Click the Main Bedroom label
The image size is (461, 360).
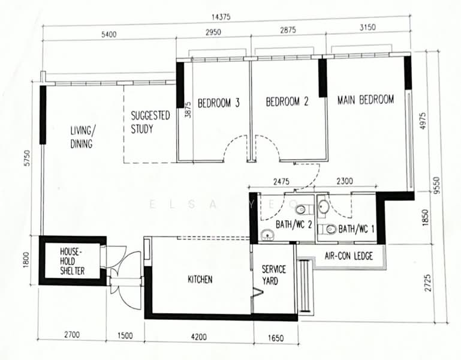click(x=366, y=100)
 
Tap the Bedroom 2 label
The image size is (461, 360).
click(x=287, y=101)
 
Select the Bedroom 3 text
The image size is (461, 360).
click(x=218, y=103)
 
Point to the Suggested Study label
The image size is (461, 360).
click(x=150, y=122)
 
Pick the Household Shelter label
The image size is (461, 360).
click(x=72, y=261)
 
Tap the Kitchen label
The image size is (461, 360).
click(x=200, y=280)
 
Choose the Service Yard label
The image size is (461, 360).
click(x=274, y=275)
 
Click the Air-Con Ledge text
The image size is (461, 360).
click(x=349, y=256)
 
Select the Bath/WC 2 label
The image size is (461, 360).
click(x=293, y=224)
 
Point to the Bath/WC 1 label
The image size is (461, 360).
click(x=356, y=229)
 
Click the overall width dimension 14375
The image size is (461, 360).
click(x=221, y=17)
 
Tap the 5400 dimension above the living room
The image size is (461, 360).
click(x=109, y=34)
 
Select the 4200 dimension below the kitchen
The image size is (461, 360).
click(x=199, y=337)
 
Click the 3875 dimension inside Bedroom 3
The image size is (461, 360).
click(x=188, y=110)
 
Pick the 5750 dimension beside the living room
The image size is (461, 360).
click(x=27, y=158)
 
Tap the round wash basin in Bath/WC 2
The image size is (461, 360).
click(x=267, y=235)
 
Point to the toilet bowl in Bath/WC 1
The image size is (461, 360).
click(x=329, y=229)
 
